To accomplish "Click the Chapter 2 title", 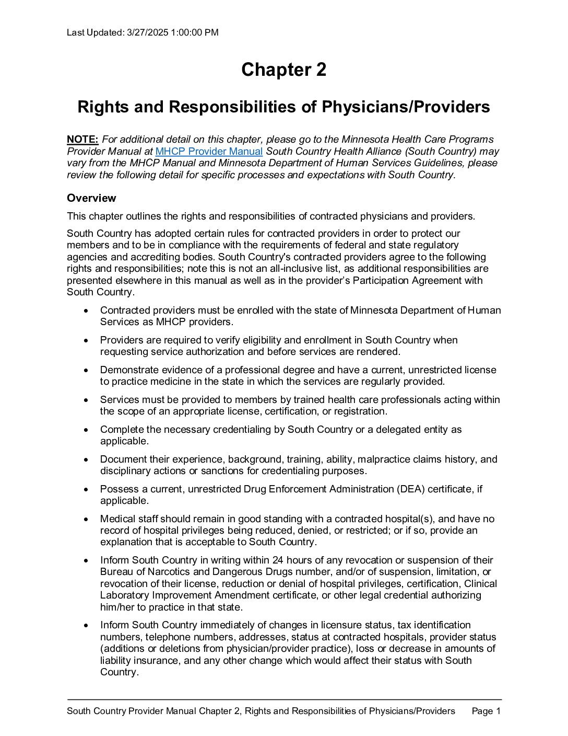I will coord(283,70).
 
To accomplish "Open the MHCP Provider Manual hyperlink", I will coord(209,152).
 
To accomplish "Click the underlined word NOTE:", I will coord(82,140).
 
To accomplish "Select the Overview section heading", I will coord(91,198).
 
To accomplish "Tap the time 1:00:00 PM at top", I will coord(195,32).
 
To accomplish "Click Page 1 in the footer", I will coord(486,711).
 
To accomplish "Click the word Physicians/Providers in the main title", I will coord(406,107).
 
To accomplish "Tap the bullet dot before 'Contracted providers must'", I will coord(86,311).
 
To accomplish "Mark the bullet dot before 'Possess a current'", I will coord(86,490).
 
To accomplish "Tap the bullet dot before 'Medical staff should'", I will coord(86,520).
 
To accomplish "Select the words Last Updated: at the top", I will coord(96,32).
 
